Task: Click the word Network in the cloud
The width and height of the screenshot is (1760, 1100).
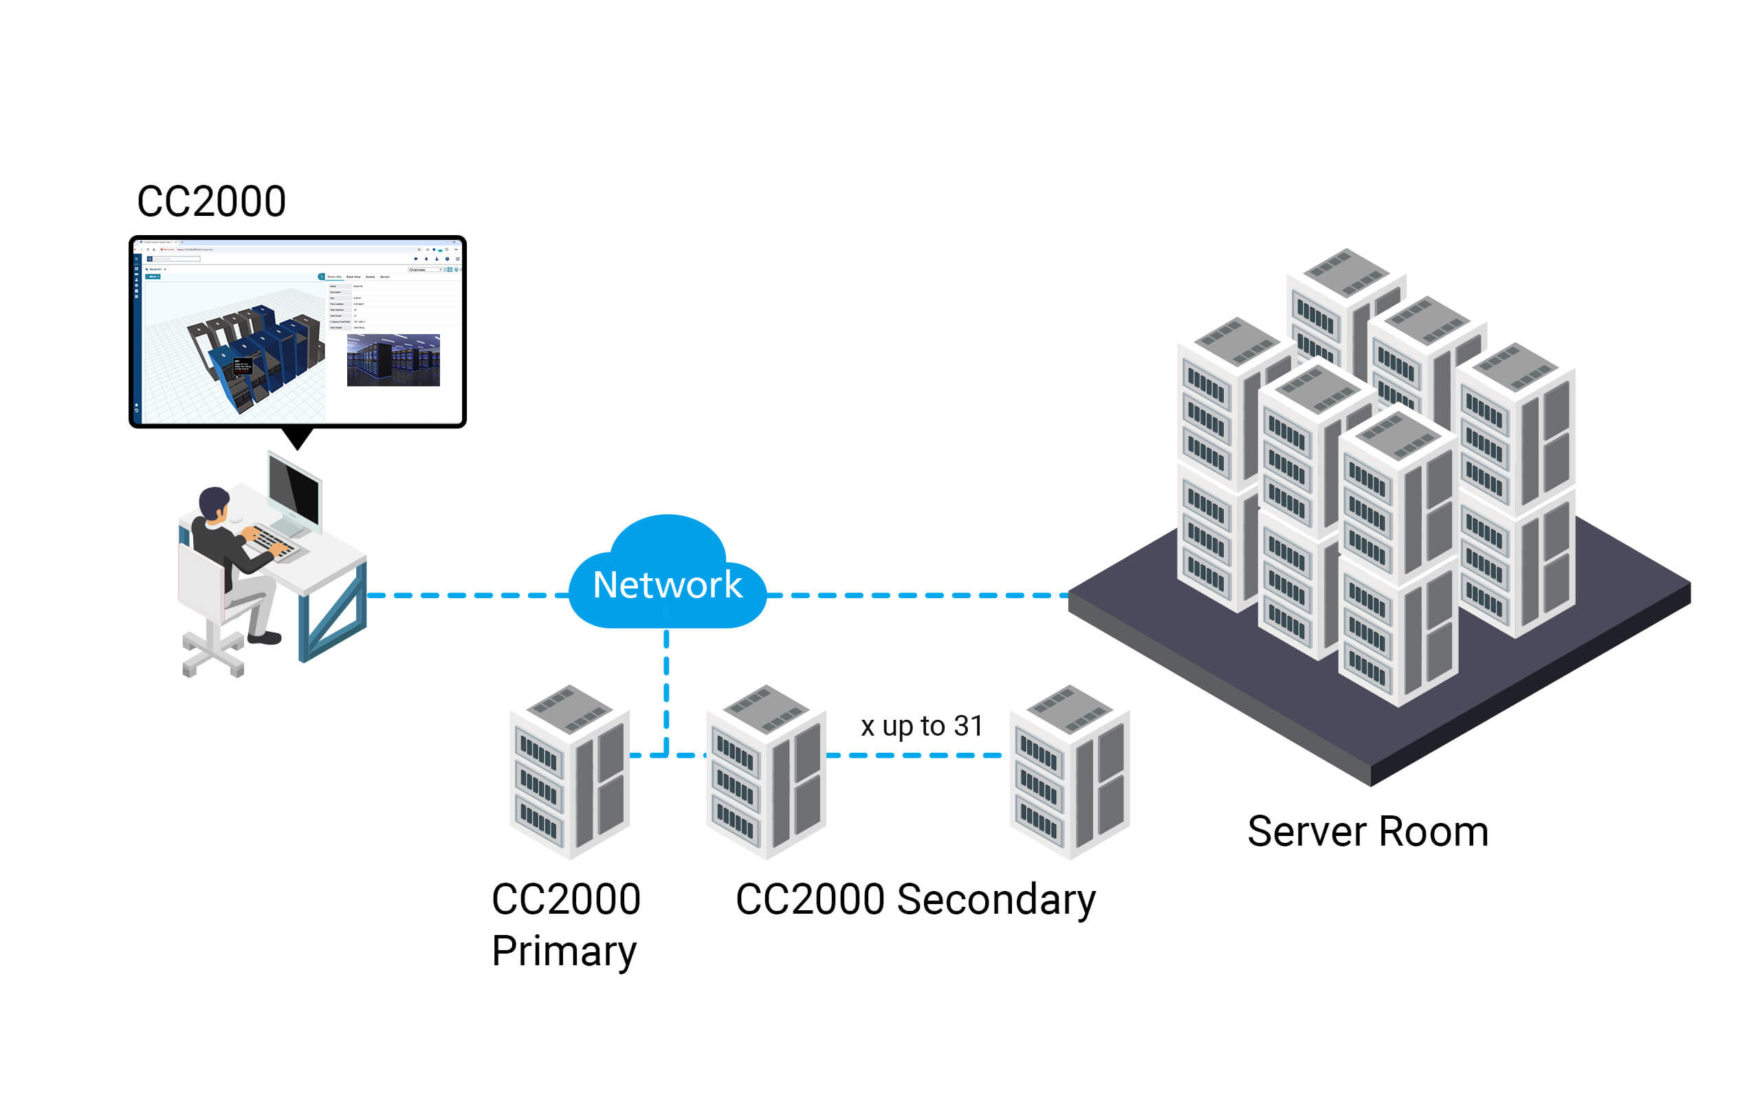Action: pos(667,585)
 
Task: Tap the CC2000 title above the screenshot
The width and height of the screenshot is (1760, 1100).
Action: pos(212,201)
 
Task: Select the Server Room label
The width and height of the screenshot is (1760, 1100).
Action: pos(1367,832)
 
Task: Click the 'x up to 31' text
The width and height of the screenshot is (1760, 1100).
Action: pos(921,726)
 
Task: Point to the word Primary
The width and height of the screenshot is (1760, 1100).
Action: pos(564,951)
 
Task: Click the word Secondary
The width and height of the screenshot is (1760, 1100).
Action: pos(995,900)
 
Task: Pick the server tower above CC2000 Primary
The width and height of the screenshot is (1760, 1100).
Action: pos(569,771)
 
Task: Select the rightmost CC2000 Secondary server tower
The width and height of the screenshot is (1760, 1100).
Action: pos(1069,771)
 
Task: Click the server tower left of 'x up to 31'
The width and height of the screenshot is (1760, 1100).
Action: pos(766,771)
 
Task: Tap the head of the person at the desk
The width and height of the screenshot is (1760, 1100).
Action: pos(214,503)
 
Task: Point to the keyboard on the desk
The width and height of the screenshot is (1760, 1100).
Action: pos(273,542)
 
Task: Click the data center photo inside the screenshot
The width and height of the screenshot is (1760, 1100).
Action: pos(393,360)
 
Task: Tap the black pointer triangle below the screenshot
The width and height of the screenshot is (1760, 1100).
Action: pos(298,438)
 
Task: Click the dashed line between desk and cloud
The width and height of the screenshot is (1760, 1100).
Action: pos(465,596)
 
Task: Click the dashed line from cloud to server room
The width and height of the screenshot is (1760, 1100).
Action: pos(916,596)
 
